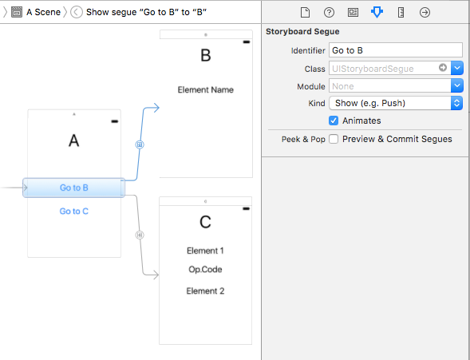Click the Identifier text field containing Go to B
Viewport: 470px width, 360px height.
(395, 50)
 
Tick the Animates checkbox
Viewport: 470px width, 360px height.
(334, 121)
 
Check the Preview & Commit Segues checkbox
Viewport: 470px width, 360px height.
(334, 139)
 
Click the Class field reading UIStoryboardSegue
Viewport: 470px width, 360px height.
(383, 69)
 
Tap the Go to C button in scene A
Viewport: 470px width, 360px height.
(74, 212)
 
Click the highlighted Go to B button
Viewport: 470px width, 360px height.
(74, 188)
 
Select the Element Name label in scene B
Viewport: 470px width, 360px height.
(205, 90)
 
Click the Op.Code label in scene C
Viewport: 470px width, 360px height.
(205, 270)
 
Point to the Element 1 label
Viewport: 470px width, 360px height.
(205, 251)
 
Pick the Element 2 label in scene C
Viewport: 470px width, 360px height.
(205, 291)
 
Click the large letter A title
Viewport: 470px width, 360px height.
(74, 141)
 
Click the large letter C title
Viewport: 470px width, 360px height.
(205, 221)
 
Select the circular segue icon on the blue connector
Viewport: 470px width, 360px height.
(140, 144)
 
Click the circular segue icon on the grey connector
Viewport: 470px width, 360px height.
(140, 235)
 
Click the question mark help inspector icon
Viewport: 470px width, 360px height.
(329, 13)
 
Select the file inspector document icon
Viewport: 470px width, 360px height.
(305, 13)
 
